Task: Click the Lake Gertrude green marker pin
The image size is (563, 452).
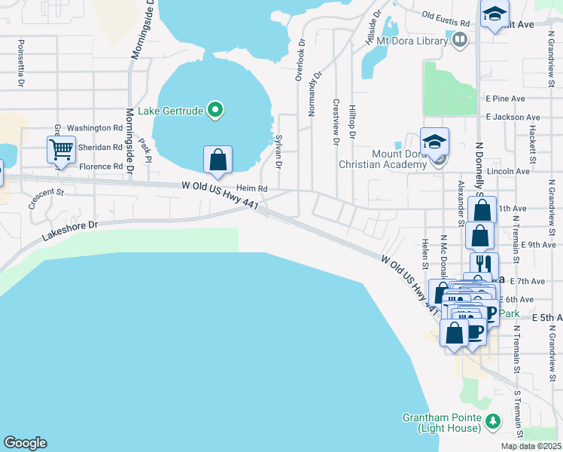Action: [x=216, y=111]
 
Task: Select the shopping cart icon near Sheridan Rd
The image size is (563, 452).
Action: [x=61, y=148]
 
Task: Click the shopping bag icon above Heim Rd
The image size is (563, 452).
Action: [x=218, y=159]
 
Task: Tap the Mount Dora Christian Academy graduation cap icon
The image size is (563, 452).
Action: [x=434, y=141]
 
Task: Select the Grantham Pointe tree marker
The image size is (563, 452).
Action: [x=493, y=420]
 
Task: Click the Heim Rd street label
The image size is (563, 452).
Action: [x=252, y=188]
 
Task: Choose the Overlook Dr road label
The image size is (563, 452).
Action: [x=300, y=61]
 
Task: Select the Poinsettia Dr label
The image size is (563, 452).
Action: [x=21, y=58]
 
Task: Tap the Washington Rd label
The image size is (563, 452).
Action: [x=95, y=129]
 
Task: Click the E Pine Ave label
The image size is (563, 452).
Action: [x=505, y=99]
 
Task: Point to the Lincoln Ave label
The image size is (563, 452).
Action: [x=509, y=171]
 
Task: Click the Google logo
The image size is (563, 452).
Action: [x=25, y=443]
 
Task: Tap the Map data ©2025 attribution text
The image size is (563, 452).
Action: [x=531, y=446]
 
